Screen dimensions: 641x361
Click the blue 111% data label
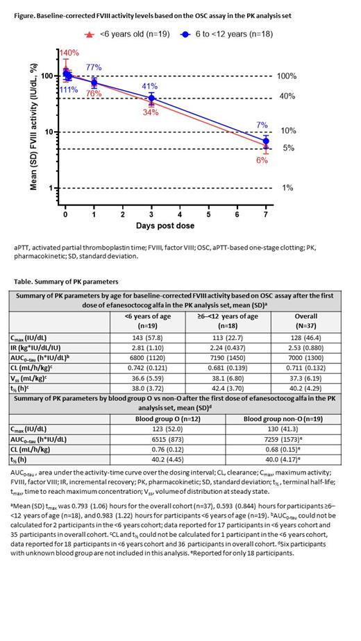click(69, 89)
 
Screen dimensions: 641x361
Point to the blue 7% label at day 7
click(262, 125)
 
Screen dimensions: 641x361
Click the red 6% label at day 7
click(262, 160)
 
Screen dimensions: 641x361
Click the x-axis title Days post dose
click(165, 226)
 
